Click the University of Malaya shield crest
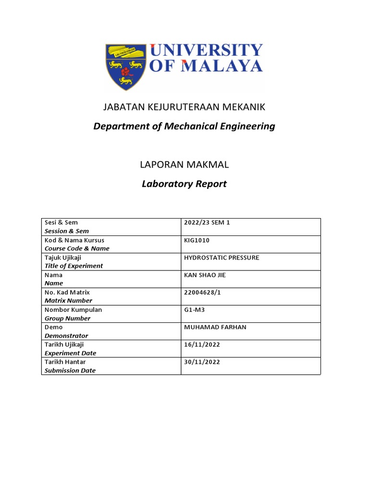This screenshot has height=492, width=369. pos(126,66)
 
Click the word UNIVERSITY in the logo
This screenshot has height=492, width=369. pos(207,50)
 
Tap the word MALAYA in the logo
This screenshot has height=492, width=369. pos(225,66)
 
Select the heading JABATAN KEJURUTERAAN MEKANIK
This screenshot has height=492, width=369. pos(184,107)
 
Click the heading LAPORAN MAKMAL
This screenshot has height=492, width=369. pos(184,165)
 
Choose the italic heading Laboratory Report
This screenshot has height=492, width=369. pos(184,184)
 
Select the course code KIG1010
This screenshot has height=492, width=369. pos(197,240)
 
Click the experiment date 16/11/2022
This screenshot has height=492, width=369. pos(202,344)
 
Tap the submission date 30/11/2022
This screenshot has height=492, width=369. pos(202,362)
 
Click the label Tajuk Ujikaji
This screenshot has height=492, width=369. pos(63,258)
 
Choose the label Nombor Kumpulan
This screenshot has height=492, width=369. pos(73,310)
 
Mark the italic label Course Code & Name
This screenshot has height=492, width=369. pos(77,248)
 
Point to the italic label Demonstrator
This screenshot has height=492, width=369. pos(66,336)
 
